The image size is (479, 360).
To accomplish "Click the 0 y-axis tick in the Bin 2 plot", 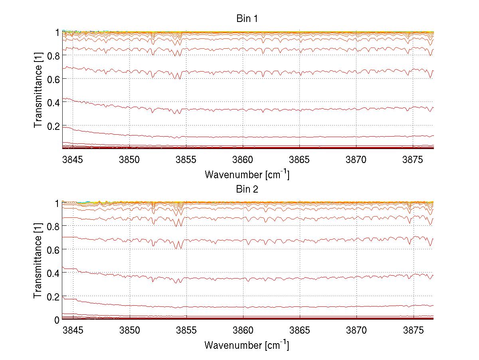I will coord(57,320).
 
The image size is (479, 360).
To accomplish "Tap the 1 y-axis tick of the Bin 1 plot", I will coord(57,32).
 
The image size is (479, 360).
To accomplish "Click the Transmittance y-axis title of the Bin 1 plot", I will coord(38,90).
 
